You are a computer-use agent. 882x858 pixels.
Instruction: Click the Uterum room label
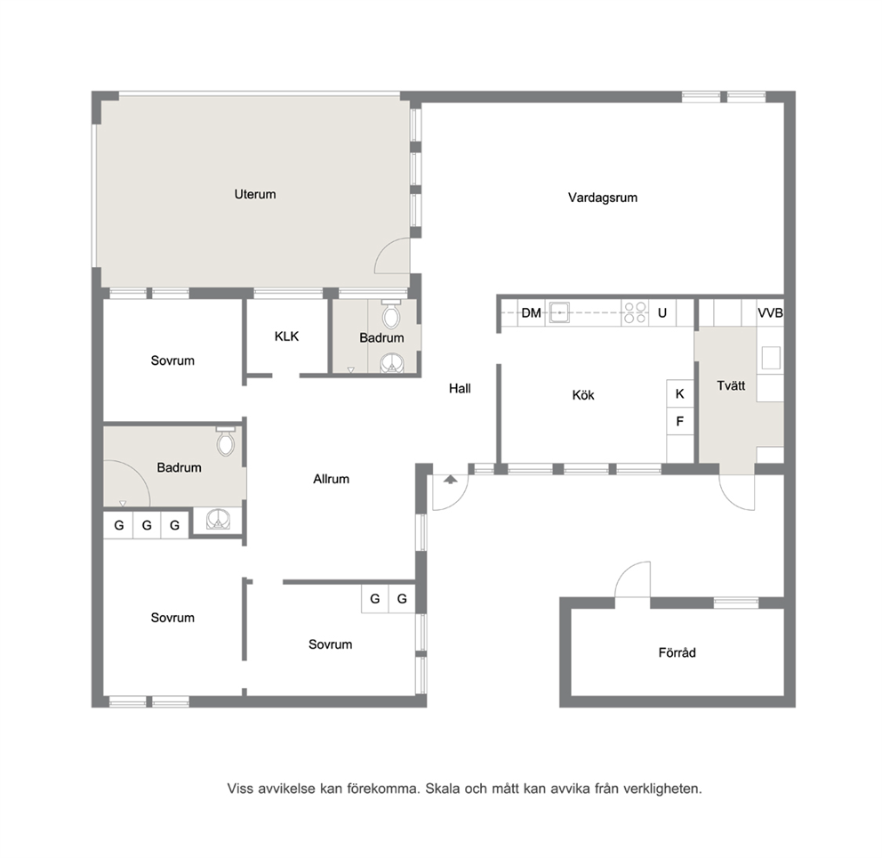pyautogui.click(x=255, y=194)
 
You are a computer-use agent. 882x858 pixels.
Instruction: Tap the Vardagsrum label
pyautogui.click(x=603, y=198)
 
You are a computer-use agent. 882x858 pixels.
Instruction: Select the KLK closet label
pyautogui.click(x=286, y=336)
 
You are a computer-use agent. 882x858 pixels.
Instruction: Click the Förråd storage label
pyautogui.click(x=677, y=652)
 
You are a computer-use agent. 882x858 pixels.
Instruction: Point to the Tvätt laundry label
pyautogui.click(x=731, y=385)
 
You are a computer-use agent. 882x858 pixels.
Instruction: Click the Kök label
pyautogui.click(x=582, y=395)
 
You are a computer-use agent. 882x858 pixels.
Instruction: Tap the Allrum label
pyautogui.click(x=332, y=479)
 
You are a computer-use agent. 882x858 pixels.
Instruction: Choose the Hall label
pyautogui.click(x=460, y=388)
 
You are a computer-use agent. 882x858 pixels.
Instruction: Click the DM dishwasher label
pyautogui.click(x=531, y=313)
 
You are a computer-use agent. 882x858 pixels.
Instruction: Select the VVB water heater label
pyautogui.click(x=770, y=313)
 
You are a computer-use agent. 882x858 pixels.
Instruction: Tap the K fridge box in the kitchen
pyautogui.click(x=680, y=393)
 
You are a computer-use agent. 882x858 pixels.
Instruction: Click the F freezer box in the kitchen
pyautogui.click(x=680, y=421)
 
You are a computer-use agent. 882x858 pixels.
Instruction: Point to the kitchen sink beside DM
pyautogui.click(x=559, y=312)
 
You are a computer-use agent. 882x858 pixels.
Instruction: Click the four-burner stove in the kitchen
pyautogui.click(x=635, y=313)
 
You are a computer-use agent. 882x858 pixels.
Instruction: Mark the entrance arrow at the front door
pyautogui.click(x=451, y=479)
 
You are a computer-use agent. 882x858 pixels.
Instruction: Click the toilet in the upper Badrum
pyautogui.click(x=391, y=315)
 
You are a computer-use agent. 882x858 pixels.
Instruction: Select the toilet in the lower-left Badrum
pyautogui.click(x=226, y=441)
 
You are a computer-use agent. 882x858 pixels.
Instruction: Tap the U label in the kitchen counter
pyautogui.click(x=662, y=313)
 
